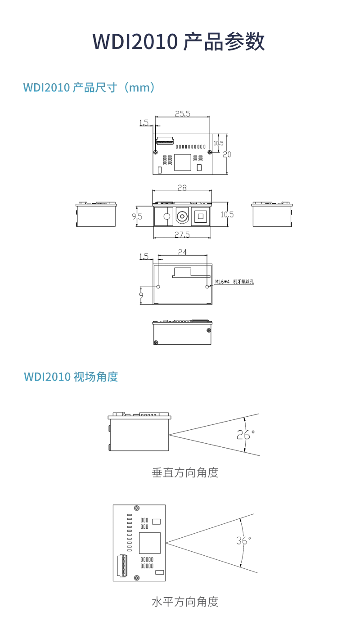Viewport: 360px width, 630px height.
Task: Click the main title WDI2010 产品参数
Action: tap(179, 42)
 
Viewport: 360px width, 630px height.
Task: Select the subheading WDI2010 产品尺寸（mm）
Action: tap(90, 87)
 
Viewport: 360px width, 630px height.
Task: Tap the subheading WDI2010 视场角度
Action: tap(71, 376)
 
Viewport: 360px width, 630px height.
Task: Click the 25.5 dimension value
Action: tap(182, 114)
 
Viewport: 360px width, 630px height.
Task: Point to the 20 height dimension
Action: tap(227, 154)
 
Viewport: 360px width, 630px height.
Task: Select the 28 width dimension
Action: tap(182, 187)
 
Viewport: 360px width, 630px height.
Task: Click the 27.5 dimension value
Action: tap(182, 234)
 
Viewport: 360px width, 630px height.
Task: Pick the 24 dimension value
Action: tap(183, 252)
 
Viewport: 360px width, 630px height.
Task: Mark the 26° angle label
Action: tap(245, 435)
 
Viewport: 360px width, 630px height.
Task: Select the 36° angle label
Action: tap(243, 540)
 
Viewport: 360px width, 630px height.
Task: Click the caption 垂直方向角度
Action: tap(185, 472)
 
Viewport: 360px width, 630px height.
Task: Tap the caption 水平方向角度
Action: tap(185, 602)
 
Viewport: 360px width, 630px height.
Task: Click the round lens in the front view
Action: tap(182, 216)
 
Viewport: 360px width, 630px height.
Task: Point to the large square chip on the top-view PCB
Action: tap(182, 162)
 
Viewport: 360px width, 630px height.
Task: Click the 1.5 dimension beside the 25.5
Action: tap(144, 122)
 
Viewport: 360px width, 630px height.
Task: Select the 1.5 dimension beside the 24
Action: tap(144, 256)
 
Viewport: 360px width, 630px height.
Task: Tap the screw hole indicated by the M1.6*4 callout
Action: tap(207, 286)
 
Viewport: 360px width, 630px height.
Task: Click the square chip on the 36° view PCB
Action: tap(150, 543)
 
